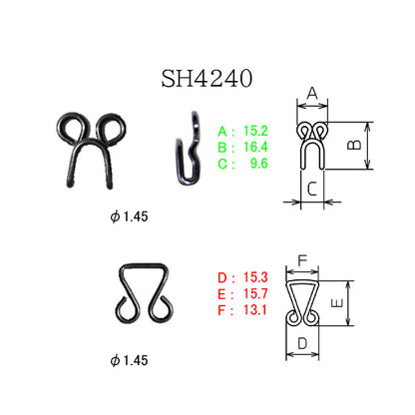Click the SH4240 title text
[207, 79]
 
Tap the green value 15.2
[255, 131]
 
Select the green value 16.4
[255, 147]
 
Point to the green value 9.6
[259, 164]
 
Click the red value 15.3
[255, 277]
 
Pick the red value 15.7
[255, 293]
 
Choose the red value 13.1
[255, 310]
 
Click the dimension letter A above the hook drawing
[312, 94]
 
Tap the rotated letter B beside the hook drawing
[354, 145]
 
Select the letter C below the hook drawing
[312, 189]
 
